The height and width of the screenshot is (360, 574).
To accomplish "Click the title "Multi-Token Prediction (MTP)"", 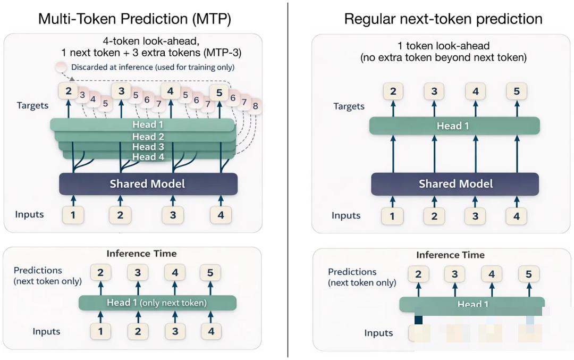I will (x=134, y=19).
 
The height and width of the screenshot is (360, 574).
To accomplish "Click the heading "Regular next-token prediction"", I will (x=443, y=19).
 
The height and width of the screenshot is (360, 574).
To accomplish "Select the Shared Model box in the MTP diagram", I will (x=147, y=184).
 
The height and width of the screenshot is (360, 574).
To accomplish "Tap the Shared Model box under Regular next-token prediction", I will (x=455, y=184).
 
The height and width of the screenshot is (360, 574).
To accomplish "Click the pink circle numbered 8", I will (x=255, y=105).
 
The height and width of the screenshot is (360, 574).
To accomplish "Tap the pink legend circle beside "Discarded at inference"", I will (x=62, y=67).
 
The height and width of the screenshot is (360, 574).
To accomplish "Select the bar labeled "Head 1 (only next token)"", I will (x=157, y=303).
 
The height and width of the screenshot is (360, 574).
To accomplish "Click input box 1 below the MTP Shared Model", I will (x=73, y=215).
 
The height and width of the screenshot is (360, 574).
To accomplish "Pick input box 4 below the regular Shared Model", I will (x=516, y=216).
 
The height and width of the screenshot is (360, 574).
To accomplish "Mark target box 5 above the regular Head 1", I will (x=516, y=91).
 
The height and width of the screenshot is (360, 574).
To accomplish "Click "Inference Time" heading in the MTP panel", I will (x=141, y=254).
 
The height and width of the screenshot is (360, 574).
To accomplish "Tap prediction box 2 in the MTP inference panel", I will (x=100, y=273).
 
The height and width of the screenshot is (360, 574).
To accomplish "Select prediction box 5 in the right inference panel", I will (x=528, y=274).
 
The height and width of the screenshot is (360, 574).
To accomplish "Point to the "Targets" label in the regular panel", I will (x=349, y=106).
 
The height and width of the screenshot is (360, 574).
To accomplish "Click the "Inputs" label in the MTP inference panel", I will (x=46, y=331).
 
